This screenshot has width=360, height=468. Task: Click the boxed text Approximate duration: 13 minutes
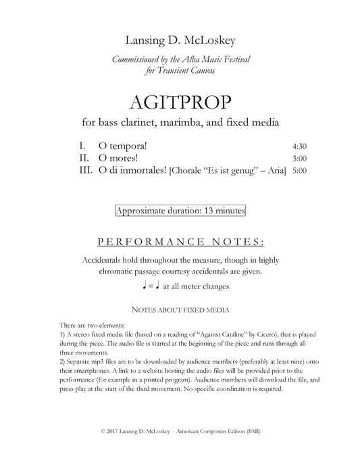click(180, 211)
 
